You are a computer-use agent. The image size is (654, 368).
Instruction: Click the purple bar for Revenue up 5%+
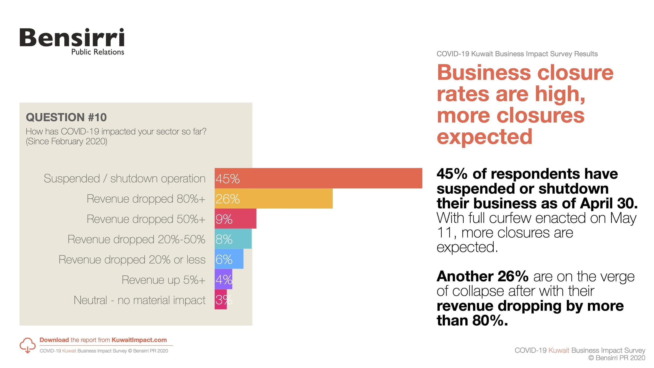tap(223, 279)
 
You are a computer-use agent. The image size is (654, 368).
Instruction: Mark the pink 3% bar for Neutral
tap(220, 299)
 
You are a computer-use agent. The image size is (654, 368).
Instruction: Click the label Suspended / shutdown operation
tap(125, 179)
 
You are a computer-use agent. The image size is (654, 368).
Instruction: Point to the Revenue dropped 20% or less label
tap(132, 259)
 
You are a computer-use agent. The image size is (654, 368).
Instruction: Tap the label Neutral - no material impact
tap(139, 300)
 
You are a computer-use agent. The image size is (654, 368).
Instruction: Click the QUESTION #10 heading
tap(66, 117)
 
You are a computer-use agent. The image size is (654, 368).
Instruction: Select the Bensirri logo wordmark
tap(72, 38)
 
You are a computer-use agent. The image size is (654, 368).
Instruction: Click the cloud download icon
tap(27, 345)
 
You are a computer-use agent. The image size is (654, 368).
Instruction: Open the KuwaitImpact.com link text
tap(139, 340)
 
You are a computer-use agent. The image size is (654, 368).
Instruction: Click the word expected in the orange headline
tap(484, 137)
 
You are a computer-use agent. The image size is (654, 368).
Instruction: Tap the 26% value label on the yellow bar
tap(227, 199)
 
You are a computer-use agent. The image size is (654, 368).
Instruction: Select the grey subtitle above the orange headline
tap(517, 54)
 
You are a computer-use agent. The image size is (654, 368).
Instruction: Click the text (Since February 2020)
tap(67, 141)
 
